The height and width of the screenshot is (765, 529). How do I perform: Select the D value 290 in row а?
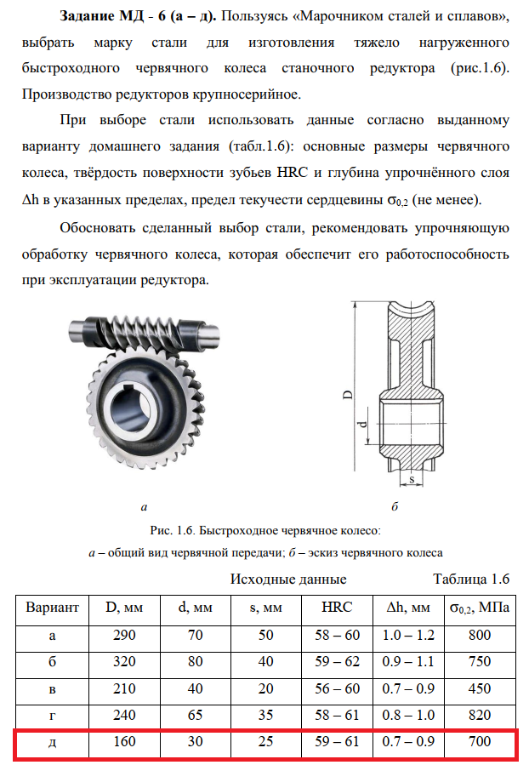pyautogui.click(x=124, y=635)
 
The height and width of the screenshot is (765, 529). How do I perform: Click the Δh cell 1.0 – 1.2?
pyautogui.click(x=407, y=635)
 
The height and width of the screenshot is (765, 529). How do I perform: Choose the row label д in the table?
pyautogui.click(x=53, y=741)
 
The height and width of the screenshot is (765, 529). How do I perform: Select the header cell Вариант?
pyautogui.click(x=53, y=608)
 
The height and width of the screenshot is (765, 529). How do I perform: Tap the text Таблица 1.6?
pyautogui.click(x=470, y=580)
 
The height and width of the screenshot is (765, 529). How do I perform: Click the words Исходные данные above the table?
pyautogui.click(x=288, y=580)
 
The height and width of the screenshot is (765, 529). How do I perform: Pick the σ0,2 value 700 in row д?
pyautogui.click(x=480, y=741)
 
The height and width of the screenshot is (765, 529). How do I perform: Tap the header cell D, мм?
pyautogui.click(x=124, y=608)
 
